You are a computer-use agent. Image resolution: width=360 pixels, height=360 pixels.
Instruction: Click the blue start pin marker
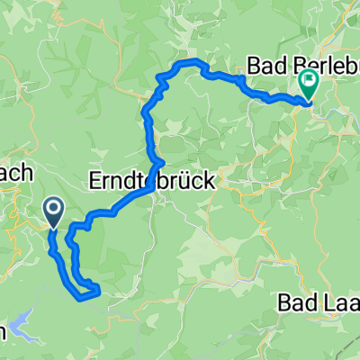(x=53, y=212)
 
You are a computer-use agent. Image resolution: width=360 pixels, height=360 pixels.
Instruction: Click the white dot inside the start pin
(x=53, y=211)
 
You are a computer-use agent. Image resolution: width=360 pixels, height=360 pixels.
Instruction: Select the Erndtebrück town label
(x=151, y=181)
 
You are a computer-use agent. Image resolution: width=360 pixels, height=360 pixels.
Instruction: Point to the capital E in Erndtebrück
(x=95, y=181)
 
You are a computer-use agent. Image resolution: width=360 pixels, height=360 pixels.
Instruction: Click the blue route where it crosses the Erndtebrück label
(x=154, y=176)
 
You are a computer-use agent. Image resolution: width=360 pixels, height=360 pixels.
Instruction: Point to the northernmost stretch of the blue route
(x=192, y=60)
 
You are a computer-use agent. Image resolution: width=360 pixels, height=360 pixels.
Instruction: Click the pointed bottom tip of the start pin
(x=53, y=227)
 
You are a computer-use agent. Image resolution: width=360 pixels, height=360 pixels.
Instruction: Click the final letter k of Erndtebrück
(x=209, y=181)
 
